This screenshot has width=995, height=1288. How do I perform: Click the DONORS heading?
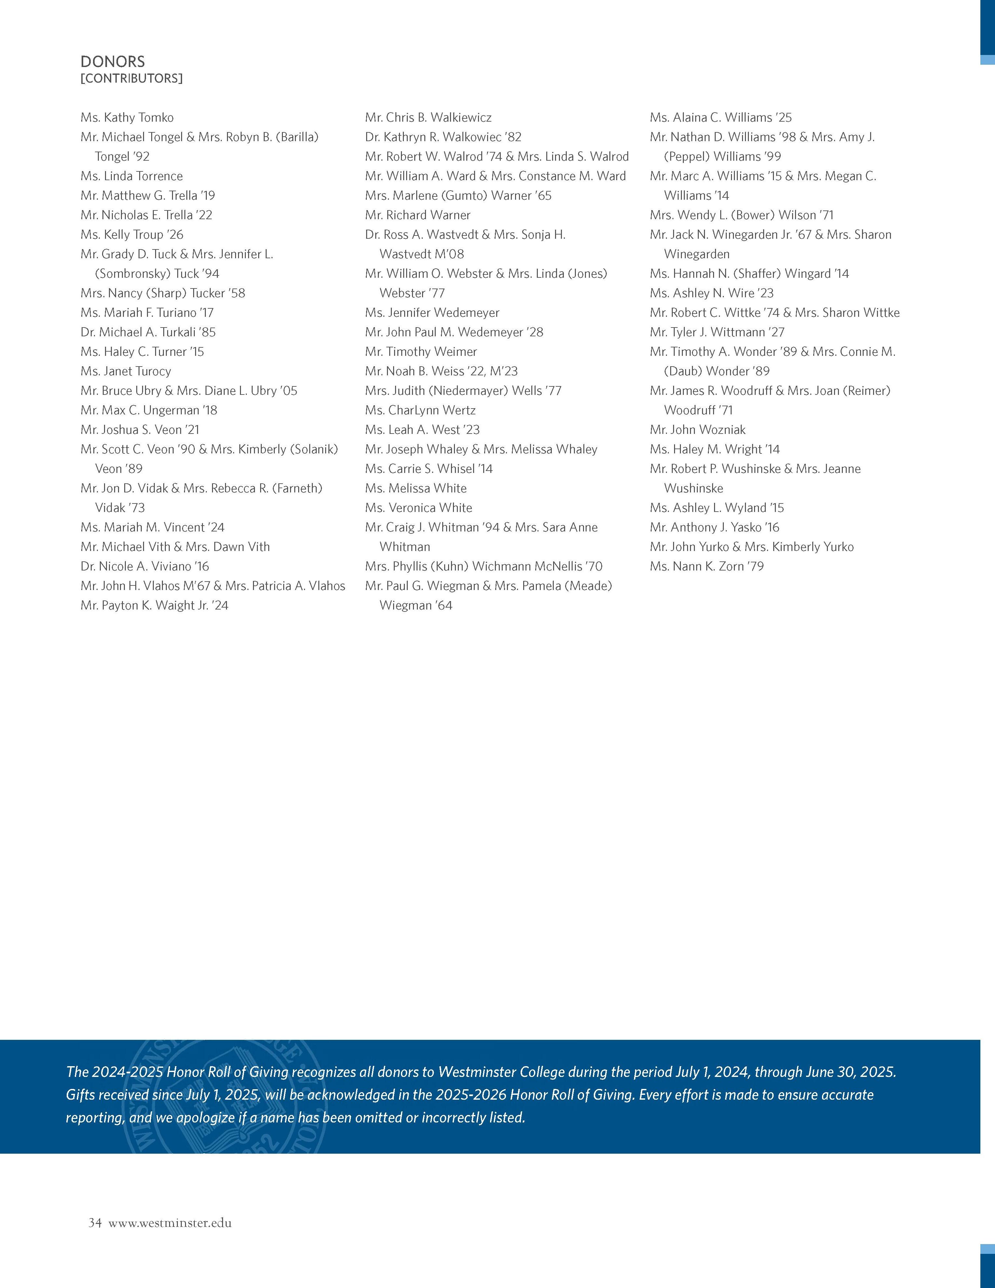[x=113, y=61]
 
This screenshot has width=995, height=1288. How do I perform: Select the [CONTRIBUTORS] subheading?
[x=131, y=78]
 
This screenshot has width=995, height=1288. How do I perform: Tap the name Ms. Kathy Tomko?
[x=127, y=117]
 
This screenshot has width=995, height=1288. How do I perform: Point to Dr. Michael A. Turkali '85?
[x=148, y=332]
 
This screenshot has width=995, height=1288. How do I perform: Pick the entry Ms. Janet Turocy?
[x=126, y=371]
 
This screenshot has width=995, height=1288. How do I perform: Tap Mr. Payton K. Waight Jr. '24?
[x=154, y=605]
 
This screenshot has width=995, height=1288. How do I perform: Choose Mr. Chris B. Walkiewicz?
[x=428, y=117]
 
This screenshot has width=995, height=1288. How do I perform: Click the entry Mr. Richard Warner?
[x=417, y=215]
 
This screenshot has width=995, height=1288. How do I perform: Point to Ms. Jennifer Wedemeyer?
[x=432, y=313]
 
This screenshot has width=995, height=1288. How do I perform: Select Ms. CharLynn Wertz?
[x=420, y=410]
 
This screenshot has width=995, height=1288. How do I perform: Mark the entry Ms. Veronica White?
[x=418, y=508]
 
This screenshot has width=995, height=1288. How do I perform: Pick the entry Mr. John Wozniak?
[x=697, y=429]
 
